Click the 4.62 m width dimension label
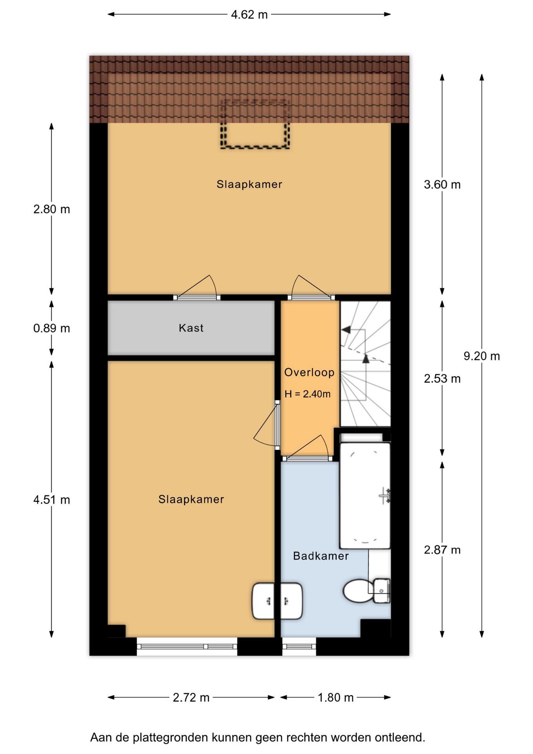249,15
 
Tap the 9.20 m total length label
482,356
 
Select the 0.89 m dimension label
51,328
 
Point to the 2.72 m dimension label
191,697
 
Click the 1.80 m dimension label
336,697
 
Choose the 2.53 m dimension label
442,379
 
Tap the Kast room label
191,328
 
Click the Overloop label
309,372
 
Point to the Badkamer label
321,556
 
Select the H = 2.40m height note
308,394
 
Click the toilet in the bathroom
367,591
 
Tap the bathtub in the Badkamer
365,496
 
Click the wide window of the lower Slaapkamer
187,646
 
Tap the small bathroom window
299,646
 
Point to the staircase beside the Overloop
365,364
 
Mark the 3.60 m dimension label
442,185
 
